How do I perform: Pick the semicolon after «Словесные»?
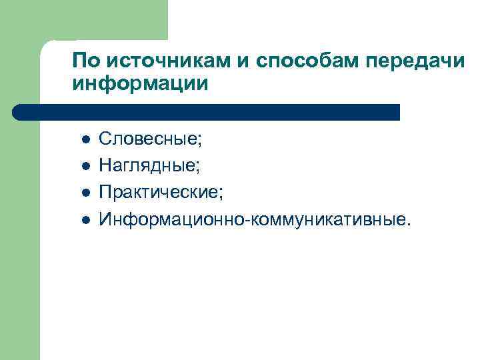(x=200, y=141)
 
